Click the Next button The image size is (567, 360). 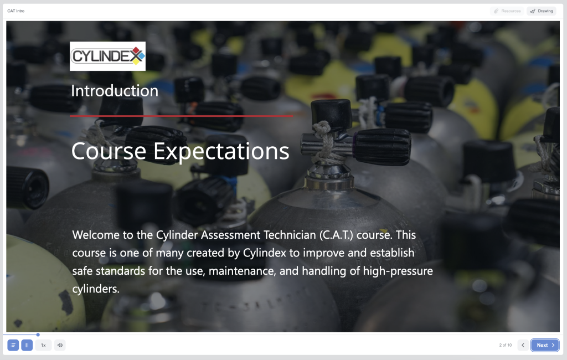coord(545,345)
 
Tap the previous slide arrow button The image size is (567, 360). coord(523,345)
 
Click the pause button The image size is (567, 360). coord(27,345)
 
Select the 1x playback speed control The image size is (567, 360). coord(43,345)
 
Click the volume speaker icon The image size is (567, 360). coord(60,345)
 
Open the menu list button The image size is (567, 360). coord(13,345)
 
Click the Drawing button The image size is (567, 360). coord(542,11)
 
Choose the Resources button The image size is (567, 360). coord(507,11)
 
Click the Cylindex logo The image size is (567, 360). coord(108,56)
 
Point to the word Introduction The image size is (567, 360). coord(115,91)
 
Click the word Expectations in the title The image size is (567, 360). coord(221,152)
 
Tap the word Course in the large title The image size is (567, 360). coord(109,151)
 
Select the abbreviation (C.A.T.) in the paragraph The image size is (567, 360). coord(336,235)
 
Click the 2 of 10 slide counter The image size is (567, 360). coord(506,345)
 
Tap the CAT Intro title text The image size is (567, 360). coord(16,11)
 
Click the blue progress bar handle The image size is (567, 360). coord(38,335)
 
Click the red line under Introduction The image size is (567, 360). coord(182,116)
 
